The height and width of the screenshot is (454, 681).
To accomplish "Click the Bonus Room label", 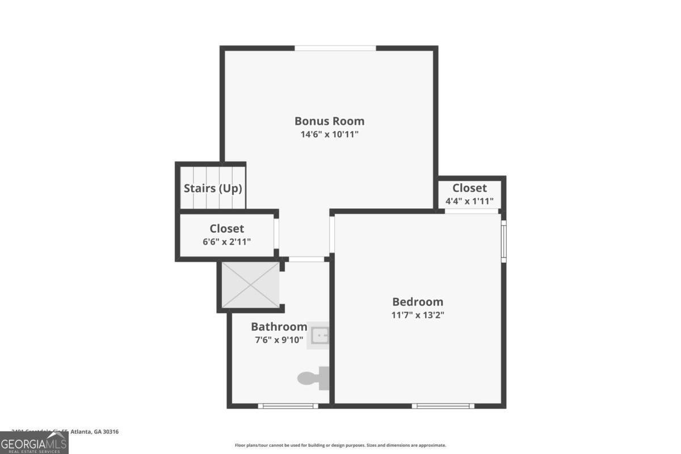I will [329, 121].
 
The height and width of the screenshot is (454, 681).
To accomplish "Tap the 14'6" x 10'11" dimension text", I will [329, 134].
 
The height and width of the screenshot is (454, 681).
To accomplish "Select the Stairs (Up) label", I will [213, 188].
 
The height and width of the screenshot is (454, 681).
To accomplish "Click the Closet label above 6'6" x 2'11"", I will [226, 229].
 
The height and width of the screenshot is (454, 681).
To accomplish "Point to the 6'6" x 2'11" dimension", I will [226, 242].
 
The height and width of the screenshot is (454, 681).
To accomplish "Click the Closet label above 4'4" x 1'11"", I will [469, 188].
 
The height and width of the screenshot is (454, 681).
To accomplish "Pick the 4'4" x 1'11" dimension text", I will [469, 201].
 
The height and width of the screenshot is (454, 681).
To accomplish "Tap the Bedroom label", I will [418, 302].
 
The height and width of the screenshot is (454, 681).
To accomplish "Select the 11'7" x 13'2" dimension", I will [418, 315].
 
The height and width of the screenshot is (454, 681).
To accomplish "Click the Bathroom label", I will [279, 327].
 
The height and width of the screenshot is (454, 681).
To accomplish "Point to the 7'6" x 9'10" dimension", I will [279, 340].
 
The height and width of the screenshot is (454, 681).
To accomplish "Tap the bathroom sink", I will [320, 335].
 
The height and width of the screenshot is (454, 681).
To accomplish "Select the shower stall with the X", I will [250, 285].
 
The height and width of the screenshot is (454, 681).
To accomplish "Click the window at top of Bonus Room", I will [335, 48].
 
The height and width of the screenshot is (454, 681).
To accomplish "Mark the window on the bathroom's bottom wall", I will [287, 406].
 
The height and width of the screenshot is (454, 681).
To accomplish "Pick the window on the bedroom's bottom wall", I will [443, 406].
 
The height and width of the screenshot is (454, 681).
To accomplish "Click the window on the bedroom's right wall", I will [503, 241].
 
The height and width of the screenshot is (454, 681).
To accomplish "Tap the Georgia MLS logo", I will [34, 443].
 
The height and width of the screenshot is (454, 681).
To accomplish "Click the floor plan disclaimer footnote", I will [340, 445].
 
